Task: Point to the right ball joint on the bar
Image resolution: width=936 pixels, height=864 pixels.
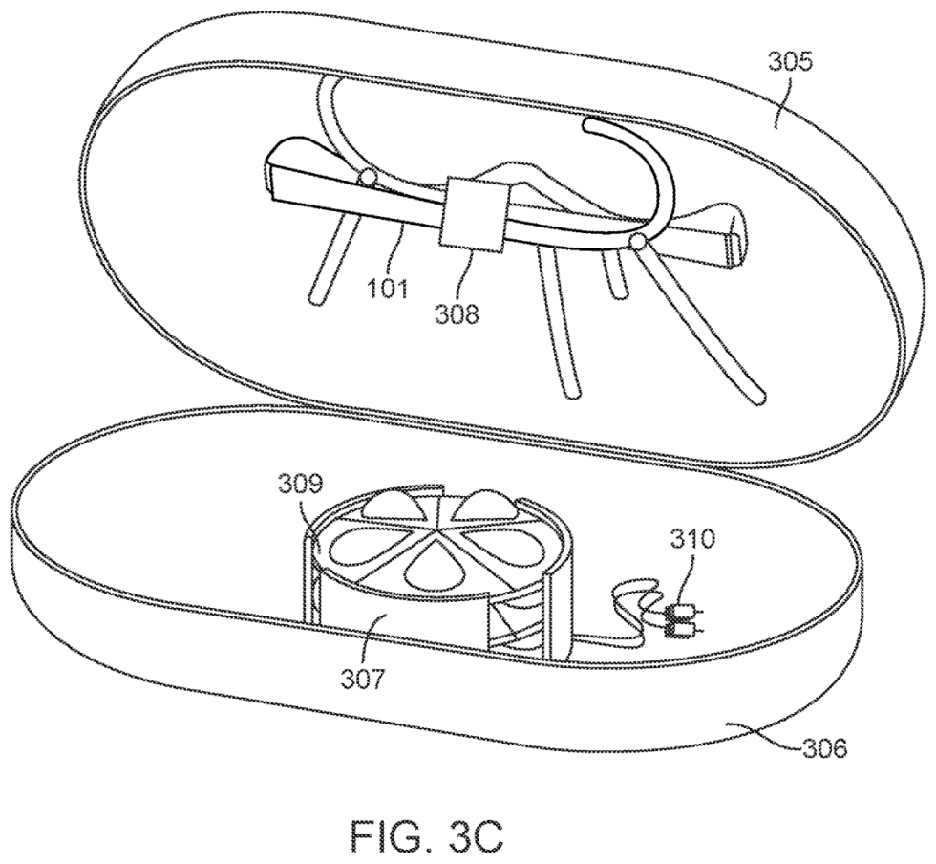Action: [634, 244]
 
